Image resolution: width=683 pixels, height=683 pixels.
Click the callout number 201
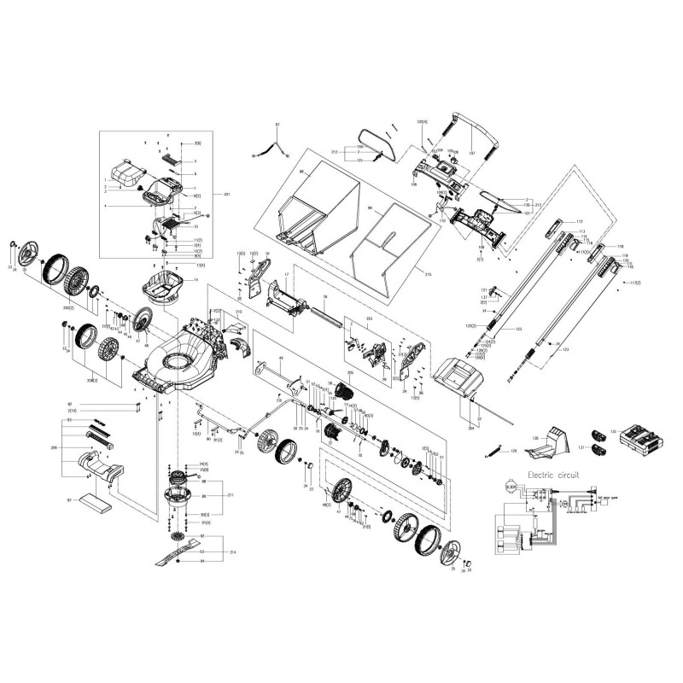[x=226, y=195]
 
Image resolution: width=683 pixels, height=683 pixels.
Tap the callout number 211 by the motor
[x=227, y=494]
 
